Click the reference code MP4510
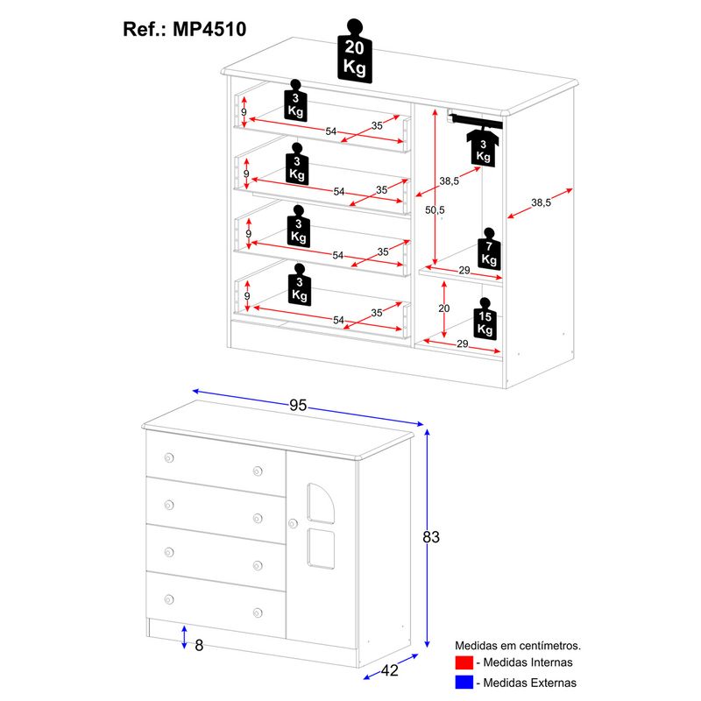(209, 28)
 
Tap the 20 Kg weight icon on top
(354, 51)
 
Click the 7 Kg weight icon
(489, 250)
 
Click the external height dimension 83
(430, 537)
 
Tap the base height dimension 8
(199, 646)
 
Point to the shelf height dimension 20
(443, 308)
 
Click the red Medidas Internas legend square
(464, 662)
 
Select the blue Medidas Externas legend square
(464, 683)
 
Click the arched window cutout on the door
(320, 505)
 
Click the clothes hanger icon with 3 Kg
(483, 145)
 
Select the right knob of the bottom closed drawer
(258, 612)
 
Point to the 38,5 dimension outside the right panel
(541, 202)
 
